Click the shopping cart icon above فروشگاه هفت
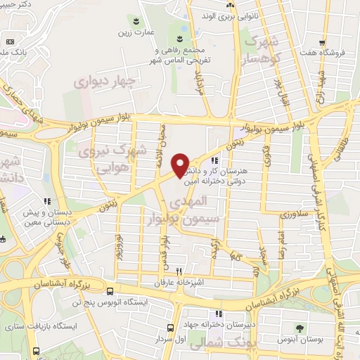point(322,41)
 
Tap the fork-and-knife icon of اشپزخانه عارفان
point(179,271)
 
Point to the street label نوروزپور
point(120,246)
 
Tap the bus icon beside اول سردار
point(171,328)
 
